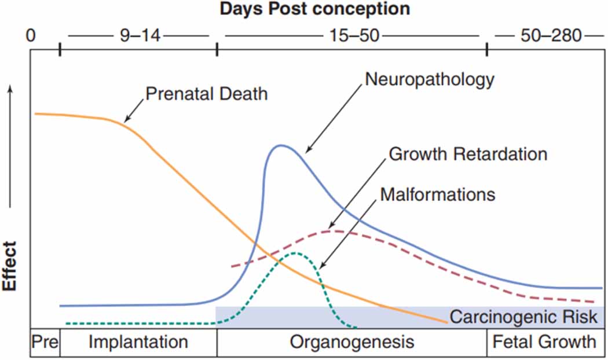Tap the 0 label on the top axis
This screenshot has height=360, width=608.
[31, 36]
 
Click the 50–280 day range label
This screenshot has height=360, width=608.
[550, 36]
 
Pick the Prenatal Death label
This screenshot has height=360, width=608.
[207, 94]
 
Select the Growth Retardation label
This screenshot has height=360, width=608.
[468, 155]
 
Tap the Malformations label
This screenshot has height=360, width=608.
[438, 194]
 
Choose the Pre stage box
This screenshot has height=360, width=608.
[45, 342]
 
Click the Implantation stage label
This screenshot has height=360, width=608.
[138, 342]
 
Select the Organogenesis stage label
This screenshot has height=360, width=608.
[352, 342]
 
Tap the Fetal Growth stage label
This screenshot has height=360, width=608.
[544, 342]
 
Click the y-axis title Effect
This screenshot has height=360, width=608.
[10, 270]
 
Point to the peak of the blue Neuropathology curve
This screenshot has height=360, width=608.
[281, 145]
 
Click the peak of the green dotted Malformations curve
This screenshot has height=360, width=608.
[296, 253]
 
